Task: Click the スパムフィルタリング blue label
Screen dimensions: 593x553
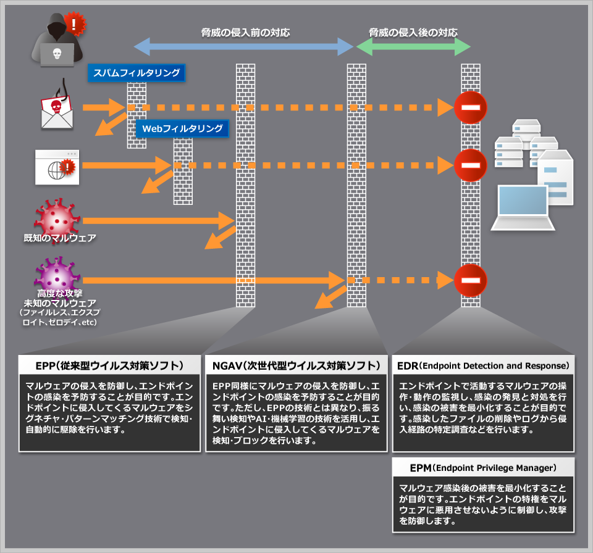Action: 137,73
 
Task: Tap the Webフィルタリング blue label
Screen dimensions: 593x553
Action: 182,128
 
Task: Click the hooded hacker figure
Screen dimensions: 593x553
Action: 57,39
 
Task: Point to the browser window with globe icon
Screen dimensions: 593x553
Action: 57,167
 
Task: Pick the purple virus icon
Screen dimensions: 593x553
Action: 57,274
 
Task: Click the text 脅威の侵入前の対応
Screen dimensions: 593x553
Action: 245,33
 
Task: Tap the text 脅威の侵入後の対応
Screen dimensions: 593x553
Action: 413,33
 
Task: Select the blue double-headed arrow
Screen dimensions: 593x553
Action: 243,47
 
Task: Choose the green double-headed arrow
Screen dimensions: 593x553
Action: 413,47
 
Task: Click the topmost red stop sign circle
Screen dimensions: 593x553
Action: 471,107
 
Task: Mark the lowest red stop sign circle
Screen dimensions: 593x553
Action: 471,280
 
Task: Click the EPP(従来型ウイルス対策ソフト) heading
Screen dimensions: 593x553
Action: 110,365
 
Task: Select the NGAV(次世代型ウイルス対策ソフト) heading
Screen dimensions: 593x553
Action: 296,365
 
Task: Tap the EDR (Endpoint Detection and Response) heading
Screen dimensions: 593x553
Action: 483,365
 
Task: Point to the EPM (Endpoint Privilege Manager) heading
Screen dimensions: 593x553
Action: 483,468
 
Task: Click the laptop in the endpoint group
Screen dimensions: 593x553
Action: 523,207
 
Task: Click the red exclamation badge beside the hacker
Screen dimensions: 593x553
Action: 75,24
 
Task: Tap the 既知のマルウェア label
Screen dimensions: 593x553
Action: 60,238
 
